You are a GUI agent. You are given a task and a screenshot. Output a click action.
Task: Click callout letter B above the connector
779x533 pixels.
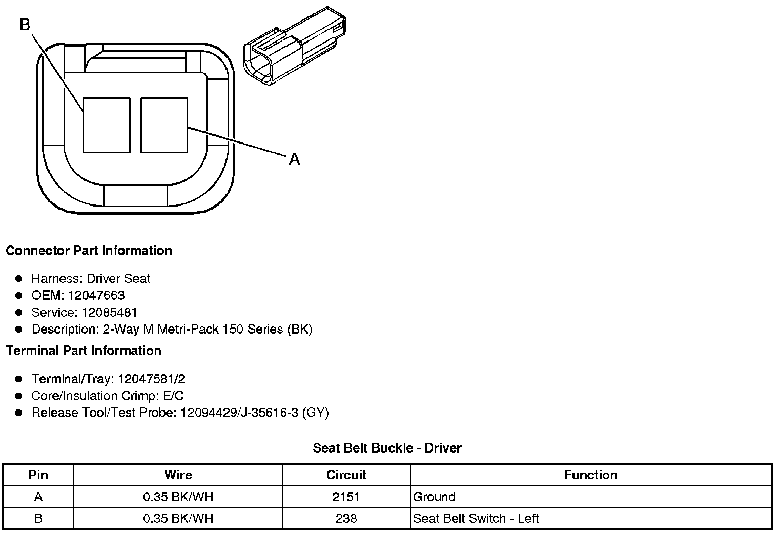click(x=25, y=24)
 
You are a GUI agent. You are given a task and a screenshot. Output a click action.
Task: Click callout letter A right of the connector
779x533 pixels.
click(x=294, y=160)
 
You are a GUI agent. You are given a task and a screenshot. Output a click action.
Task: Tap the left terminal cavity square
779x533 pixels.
click(x=106, y=125)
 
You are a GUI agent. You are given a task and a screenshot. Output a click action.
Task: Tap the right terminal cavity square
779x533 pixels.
click(x=164, y=125)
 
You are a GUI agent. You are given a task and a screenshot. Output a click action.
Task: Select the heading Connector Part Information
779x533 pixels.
click(x=89, y=251)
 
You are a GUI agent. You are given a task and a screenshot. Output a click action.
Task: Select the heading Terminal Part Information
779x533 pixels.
click(x=84, y=351)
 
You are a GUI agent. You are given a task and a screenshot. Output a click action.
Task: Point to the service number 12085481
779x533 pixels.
click(x=110, y=313)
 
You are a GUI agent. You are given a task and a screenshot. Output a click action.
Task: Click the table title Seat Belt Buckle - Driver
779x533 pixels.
click(x=387, y=448)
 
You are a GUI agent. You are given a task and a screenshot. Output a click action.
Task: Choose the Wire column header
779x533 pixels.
click(x=178, y=475)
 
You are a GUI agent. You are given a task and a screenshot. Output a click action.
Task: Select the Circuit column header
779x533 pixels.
click(x=346, y=475)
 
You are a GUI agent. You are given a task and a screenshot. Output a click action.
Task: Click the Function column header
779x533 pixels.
click(x=590, y=475)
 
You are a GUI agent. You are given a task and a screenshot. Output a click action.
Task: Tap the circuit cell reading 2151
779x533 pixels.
click(x=346, y=497)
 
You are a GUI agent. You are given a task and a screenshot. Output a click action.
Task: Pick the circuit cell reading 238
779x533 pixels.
click(x=346, y=518)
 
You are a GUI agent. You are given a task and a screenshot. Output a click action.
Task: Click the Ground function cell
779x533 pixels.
click(x=434, y=497)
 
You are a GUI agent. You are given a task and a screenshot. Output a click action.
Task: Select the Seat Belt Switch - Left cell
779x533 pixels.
click(x=476, y=518)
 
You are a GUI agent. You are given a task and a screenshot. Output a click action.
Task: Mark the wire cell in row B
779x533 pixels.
click(x=178, y=518)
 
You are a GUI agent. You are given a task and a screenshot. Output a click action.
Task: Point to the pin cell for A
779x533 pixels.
click(x=38, y=497)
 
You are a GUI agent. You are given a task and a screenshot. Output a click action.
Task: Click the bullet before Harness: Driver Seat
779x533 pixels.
click(x=19, y=279)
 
